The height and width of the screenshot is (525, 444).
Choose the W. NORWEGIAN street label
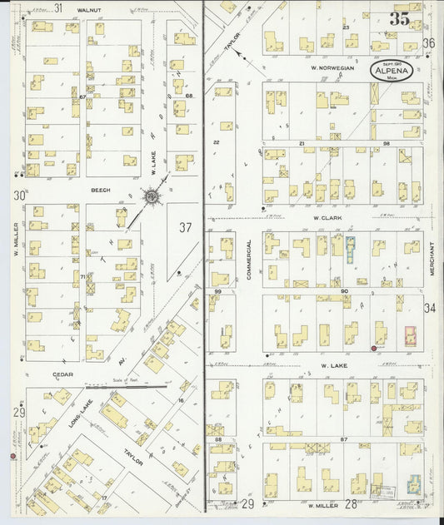(x=332, y=67)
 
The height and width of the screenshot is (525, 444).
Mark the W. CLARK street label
(x=328, y=219)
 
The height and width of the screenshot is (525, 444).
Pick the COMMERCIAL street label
(x=248, y=260)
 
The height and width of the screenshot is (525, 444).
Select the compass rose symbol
(x=151, y=196)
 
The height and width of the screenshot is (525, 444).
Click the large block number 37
(x=184, y=227)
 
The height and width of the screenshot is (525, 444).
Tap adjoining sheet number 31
(x=58, y=7)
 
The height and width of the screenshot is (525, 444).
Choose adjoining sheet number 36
(x=428, y=42)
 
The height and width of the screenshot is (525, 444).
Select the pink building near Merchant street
(x=410, y=335)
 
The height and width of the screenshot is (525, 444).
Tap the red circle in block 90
(x=372, y=349)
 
